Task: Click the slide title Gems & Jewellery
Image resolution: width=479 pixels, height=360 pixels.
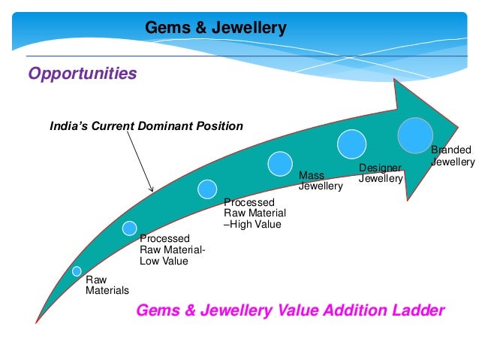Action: click(215, 29)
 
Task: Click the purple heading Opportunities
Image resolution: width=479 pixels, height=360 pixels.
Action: click(83, 74)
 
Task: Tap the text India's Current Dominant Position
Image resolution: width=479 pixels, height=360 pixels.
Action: click(146, 126)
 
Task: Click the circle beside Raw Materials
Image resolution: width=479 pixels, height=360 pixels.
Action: click(77, 271)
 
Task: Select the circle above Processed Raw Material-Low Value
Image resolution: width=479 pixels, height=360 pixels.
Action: click(130, 228)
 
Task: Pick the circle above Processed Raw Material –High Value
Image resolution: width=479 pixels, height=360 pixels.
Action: click(208, 188)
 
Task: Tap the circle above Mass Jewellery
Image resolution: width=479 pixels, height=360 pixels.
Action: click(280, 162)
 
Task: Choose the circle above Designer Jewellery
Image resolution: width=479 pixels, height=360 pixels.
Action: click(351, 144)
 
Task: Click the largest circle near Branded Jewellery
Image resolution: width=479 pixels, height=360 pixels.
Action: click(415, 135)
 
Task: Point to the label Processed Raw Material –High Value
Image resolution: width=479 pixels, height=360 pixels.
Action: click(255, 213)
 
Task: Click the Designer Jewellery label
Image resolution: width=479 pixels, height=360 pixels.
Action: click(381, 173)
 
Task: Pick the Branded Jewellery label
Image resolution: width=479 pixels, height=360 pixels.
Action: click(453, 156)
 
